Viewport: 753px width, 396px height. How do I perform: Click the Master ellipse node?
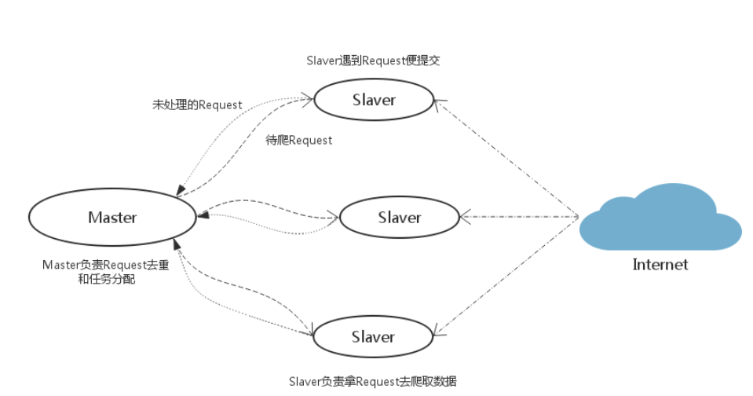112,218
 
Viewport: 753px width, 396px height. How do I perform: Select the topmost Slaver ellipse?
374,100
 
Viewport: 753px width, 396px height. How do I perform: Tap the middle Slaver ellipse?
399,218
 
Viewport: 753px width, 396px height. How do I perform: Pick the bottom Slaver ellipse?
374,337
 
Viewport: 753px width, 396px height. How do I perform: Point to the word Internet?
660,265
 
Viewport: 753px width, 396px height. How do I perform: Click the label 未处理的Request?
197,104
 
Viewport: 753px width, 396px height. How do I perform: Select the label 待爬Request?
300,141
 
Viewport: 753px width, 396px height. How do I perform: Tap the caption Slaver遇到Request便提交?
373,60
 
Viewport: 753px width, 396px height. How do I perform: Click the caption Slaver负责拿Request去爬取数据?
373,381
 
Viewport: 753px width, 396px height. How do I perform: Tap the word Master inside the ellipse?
112,218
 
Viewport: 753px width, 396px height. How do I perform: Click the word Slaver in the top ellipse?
374,100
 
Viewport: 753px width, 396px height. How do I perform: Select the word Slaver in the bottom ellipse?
374,337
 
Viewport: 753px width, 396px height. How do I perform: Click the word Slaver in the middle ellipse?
399,218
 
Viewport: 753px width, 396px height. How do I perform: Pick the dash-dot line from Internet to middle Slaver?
522,216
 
